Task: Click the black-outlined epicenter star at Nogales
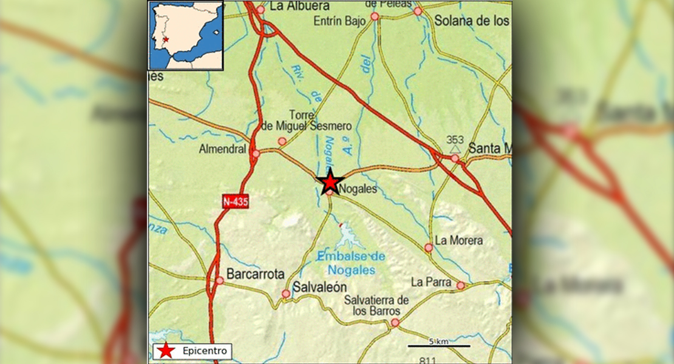pos(330,181)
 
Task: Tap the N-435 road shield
pos(236,202)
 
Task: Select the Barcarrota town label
pos(255,274)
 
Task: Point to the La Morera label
pos(459,240)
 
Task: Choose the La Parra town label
pos(431,282)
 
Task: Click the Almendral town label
pos(222,149)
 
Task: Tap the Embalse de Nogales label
pos(352,263)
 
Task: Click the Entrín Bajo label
pos(340,21)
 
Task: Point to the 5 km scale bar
pos(438,346)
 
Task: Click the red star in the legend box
pos(165,351)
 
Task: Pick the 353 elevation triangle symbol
pos(455,147)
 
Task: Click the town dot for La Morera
pos(429,248)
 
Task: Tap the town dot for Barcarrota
pos(219,281)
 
